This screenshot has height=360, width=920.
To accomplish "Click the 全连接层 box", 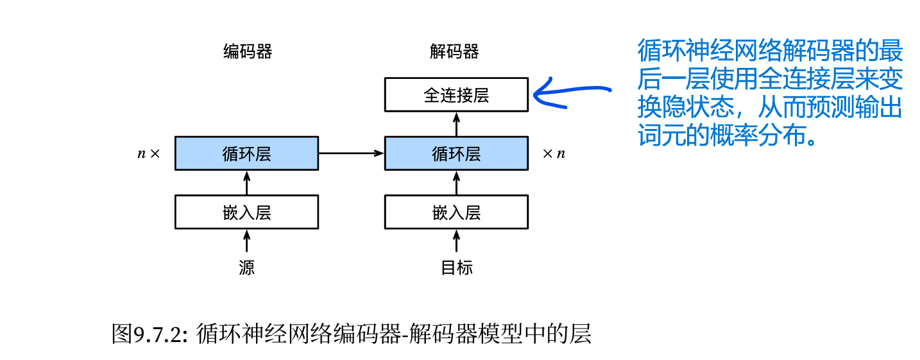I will click(456, 95).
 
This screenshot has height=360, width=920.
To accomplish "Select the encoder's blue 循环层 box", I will click(246, 153).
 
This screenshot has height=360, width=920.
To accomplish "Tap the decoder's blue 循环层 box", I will click(456, 153).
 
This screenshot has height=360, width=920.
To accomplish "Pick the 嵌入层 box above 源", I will click(246, 212).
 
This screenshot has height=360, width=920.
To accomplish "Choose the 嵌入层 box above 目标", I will click(456, 212).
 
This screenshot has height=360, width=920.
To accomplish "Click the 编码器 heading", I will click(247, 52).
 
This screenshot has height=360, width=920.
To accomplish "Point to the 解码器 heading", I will click(454, 52).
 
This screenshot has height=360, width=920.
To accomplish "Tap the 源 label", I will click(246, 267).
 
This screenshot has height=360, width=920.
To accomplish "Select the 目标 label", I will click(456, 267).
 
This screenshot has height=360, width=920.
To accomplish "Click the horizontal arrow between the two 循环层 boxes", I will click(351, 153).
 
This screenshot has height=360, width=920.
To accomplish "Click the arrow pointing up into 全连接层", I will click(456, 123).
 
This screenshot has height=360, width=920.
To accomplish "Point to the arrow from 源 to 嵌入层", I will click(246, 241).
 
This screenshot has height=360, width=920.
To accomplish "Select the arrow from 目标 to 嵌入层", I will click(456, 241).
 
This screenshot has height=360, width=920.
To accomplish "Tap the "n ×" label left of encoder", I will click(148, 154).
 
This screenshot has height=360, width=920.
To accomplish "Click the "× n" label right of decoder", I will click(554, 154).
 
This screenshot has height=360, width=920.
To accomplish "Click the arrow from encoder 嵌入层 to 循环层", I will click(246, 183).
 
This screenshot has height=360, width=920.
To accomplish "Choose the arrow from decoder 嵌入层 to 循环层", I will click(456, 183).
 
